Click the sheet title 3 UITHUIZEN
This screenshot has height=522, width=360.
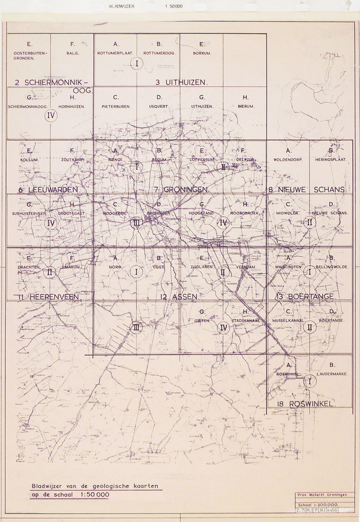click(x=181, y=82)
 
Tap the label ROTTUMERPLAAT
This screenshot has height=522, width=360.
click(x=116, y=53)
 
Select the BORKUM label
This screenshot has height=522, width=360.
click(x=201, y=53)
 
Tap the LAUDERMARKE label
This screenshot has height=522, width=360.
click(x=332, y=374)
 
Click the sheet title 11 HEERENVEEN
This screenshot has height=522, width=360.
click(x=48, y=296)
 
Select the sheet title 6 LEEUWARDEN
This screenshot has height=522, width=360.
click(x=48, y=189)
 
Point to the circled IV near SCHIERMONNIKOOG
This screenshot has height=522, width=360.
click(x=51, y=116)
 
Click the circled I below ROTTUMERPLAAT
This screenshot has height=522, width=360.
click(x=136, y=64)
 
